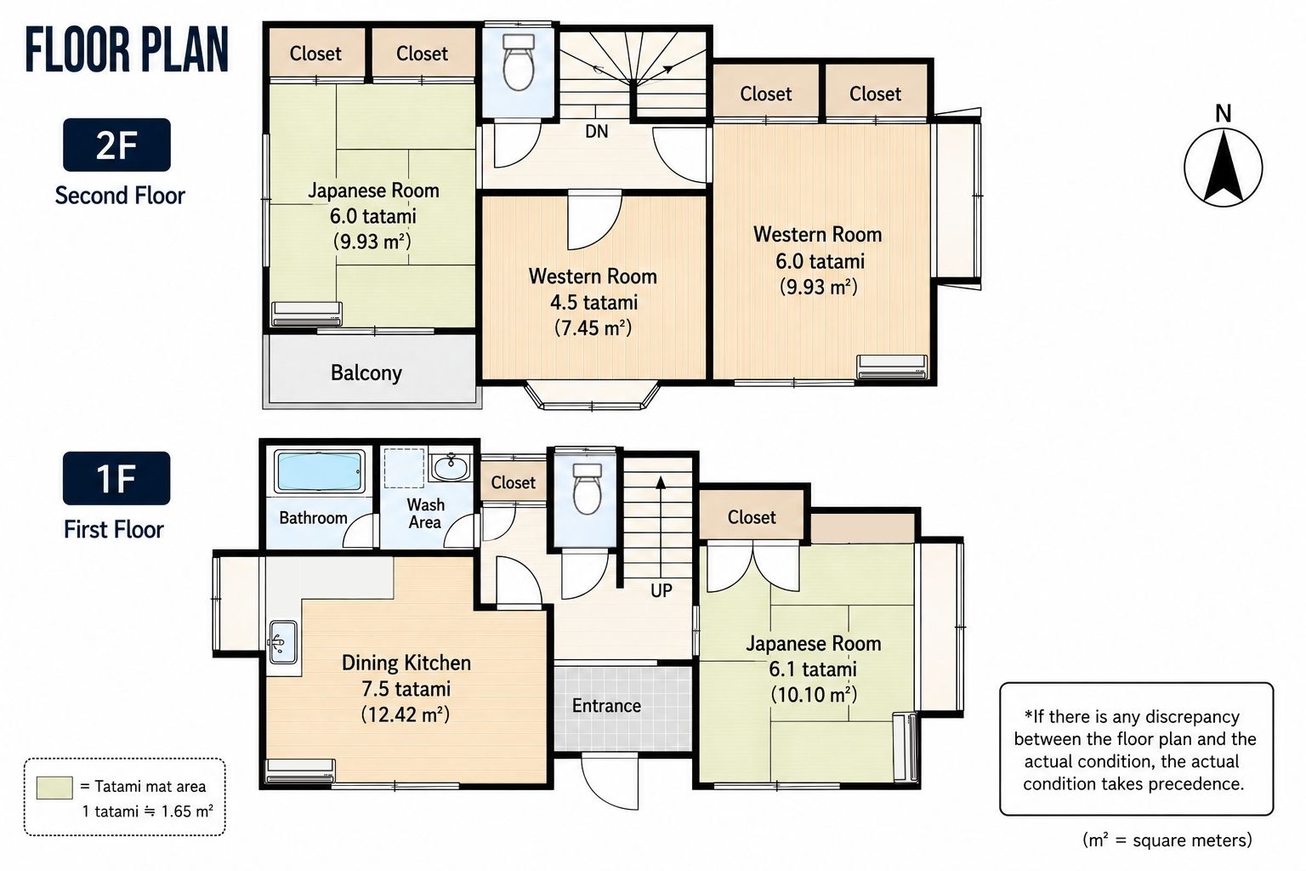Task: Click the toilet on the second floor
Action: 519,62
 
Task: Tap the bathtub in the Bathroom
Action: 318,470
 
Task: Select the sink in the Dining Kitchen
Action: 283,642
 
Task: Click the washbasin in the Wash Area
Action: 450,467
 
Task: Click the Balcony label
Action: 366,373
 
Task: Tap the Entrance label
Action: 606,706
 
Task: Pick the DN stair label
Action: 596,131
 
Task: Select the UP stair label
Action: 662,591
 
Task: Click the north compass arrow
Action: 1224,168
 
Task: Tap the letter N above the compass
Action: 1224,114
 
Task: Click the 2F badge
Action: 116,145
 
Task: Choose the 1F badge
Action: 116,478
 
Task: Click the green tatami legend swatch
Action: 54,788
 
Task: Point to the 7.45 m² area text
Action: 593,327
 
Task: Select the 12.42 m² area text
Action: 406,714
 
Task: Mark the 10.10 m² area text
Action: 814,695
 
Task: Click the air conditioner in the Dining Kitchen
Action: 300,770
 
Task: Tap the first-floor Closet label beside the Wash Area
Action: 513,482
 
